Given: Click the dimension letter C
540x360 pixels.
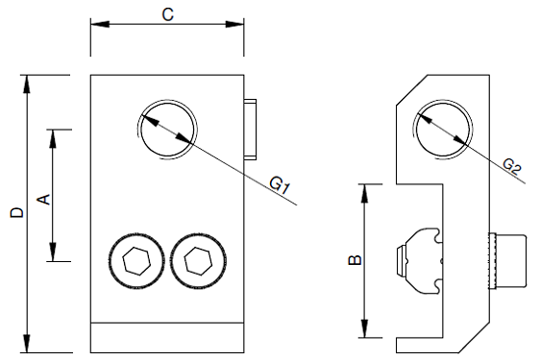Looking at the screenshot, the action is (168, 14).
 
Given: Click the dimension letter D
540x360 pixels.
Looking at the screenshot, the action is (16, 212).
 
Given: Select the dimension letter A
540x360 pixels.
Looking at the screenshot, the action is (44, 200).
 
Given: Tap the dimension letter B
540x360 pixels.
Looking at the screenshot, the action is (356, 260).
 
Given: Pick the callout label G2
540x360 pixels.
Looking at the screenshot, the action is (512, 167).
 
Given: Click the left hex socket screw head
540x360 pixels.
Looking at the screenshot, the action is (136, 261).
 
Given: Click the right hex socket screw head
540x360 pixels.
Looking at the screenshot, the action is (198, 261).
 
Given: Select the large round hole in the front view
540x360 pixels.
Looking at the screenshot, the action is (167, 130).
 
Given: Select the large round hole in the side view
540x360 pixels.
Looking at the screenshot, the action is (442, 130).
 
